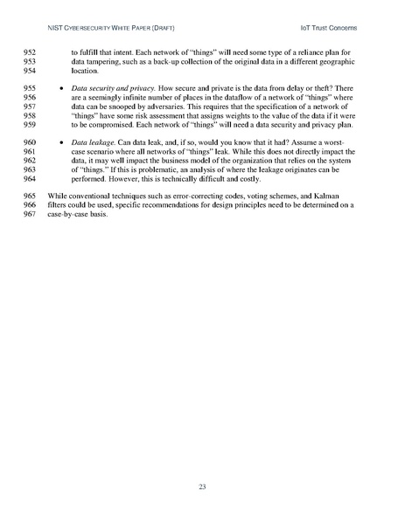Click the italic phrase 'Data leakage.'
coord(93,141)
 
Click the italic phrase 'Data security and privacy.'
coord(116,88)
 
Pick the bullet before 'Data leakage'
coord(58,141)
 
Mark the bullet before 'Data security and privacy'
coord(58,88)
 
